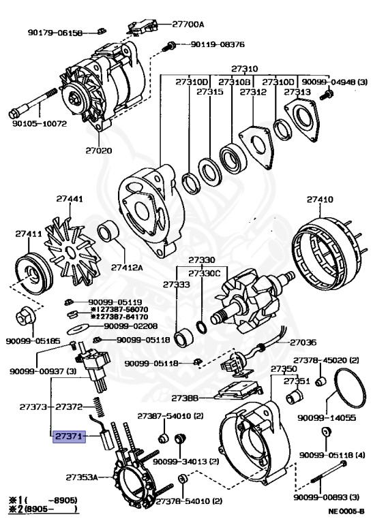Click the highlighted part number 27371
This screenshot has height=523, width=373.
[69, 436]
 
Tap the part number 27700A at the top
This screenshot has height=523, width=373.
[188, 25]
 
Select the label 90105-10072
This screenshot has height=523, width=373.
[40, 123]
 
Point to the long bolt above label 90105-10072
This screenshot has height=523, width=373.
[33, 104]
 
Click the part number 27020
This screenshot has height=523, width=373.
[98, 150]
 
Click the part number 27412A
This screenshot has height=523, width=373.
[127, 267]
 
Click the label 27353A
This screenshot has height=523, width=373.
[81, 477]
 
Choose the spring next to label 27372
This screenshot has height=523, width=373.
[99, 407]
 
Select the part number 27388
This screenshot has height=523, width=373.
[185, 398]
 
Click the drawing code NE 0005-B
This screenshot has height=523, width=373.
[346, 511]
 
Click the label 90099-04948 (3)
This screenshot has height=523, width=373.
[334, 82]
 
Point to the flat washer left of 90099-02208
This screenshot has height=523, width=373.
[78, 329]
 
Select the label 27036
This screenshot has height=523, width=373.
[303, 343]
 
